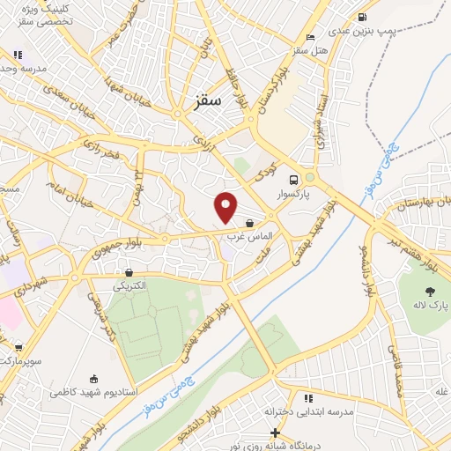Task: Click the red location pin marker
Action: point(226,207)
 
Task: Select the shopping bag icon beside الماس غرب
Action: point(251,224)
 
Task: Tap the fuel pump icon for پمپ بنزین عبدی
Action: point(361,17)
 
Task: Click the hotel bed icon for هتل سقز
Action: point(309,37)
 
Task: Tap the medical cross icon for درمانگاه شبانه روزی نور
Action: point(277,433)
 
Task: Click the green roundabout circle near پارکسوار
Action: point(309,177)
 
